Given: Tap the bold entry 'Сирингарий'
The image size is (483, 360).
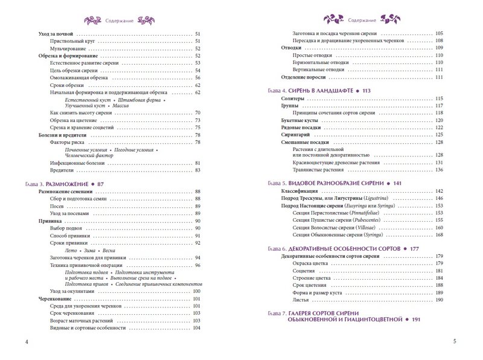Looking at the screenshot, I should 296,136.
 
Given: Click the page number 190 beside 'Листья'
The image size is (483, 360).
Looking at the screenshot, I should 439,300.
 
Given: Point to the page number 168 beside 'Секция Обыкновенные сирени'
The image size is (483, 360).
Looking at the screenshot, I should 439,234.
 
